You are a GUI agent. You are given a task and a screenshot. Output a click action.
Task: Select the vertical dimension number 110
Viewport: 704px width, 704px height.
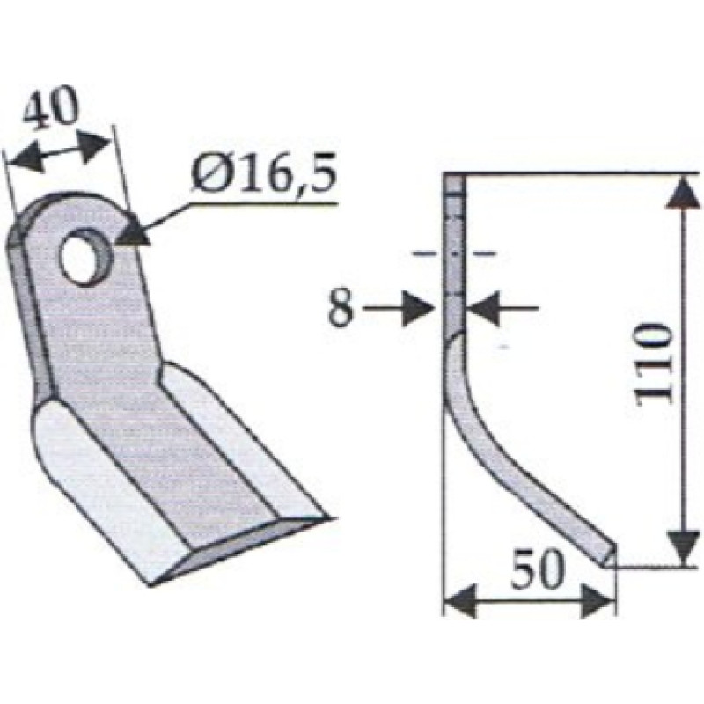[x=654, y=363]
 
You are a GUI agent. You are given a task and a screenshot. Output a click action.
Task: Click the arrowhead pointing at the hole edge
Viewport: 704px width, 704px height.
[x=132, y=231]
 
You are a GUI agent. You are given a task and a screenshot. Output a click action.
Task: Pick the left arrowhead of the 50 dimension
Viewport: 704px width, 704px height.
[x=456, y=604]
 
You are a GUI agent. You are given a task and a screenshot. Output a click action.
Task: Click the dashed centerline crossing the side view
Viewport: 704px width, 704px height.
[x=453, y=253]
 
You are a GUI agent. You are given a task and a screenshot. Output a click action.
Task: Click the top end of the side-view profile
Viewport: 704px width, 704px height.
[x=452, y=180]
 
